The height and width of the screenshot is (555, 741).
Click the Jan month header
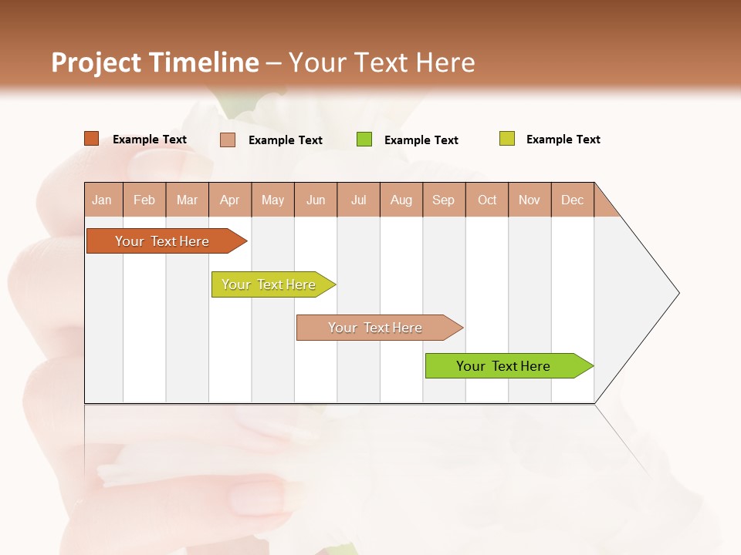[x=103, y=200]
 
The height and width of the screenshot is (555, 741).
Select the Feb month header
[x=144, y=200]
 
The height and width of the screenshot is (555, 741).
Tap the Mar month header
[x=187, y=200]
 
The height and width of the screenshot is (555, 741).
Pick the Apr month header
[x=230, y=200]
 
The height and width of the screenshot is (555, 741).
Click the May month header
[x=272, y=200]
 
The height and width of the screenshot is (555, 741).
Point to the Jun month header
[x=316, y=200]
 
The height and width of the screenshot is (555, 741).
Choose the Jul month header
[x=358, y=200]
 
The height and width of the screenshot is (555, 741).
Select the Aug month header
[x=401, y=200]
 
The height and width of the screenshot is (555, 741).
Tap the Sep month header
[x=444, y=200]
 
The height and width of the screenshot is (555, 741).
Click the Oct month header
[x=487, y=200]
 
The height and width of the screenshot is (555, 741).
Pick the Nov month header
[x=530, y=200]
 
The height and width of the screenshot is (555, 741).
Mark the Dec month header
[x=573, y=200]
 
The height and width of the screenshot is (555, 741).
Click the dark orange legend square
[x=92, y=139]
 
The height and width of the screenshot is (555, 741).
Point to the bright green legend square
[x=364, y=140]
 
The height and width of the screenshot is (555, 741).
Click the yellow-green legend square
[x=507, y=139]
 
